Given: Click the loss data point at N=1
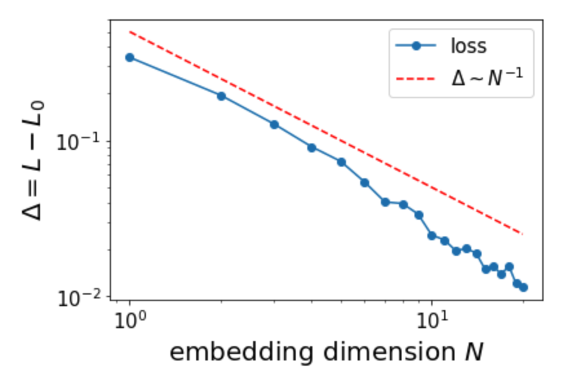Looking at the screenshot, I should click(130, 57).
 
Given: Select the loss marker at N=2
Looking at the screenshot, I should click(221, 96).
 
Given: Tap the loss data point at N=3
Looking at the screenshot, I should click(274, 124).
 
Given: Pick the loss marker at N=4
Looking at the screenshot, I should click(312, 148).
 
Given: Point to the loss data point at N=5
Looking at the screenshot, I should click(341, 161).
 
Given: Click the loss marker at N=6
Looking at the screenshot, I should click(365, 183).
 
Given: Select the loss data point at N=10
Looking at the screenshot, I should click(432, 236).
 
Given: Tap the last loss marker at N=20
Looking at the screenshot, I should click(524, 287).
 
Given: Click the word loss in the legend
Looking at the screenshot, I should click(469, 46).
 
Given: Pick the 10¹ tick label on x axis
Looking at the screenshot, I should click(432, 320).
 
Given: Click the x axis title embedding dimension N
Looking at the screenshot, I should click(326, 352).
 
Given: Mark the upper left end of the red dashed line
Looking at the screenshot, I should click(130, 31).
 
